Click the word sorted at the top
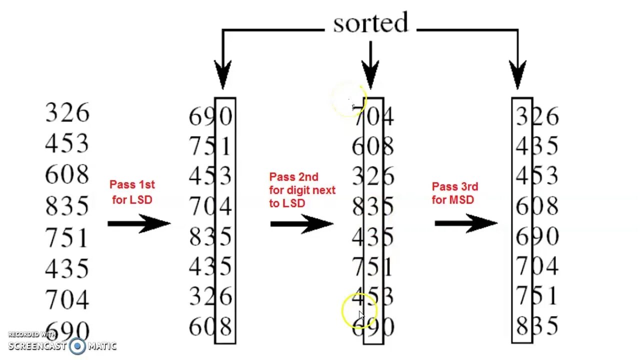pos(370,23)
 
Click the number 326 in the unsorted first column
pos(67,113)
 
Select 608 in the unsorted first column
pos(67,174)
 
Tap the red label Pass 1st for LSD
pos(132,192)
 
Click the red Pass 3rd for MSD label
pos(455,193)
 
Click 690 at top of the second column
pos(210,117)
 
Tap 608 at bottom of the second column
pos(210,327)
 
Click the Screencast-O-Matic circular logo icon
pos(77,345)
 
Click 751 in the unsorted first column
pos(67,237)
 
